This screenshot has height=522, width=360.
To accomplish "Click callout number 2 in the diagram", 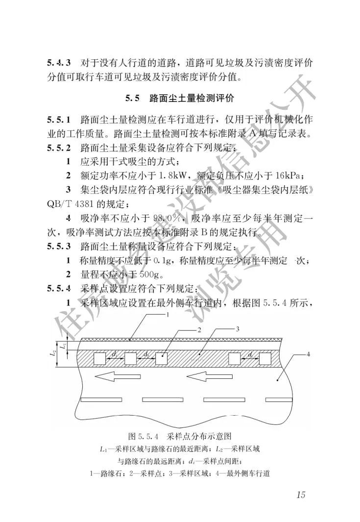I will click(x=200, y=330).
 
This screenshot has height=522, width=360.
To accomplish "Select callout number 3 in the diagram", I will click(x=237, y=329).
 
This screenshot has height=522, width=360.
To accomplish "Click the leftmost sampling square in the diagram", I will click(x=100, y=358).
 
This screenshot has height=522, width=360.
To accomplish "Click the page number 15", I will click(x=300, y=494).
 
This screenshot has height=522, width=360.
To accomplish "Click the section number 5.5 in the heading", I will click(x=132, y=99).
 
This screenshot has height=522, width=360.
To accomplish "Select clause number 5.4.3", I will click(x=59, y=63).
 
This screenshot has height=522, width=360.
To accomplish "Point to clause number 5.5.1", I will click(x=59, y=120).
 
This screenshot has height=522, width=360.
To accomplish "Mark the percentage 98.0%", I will click(x=169, y=218).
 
